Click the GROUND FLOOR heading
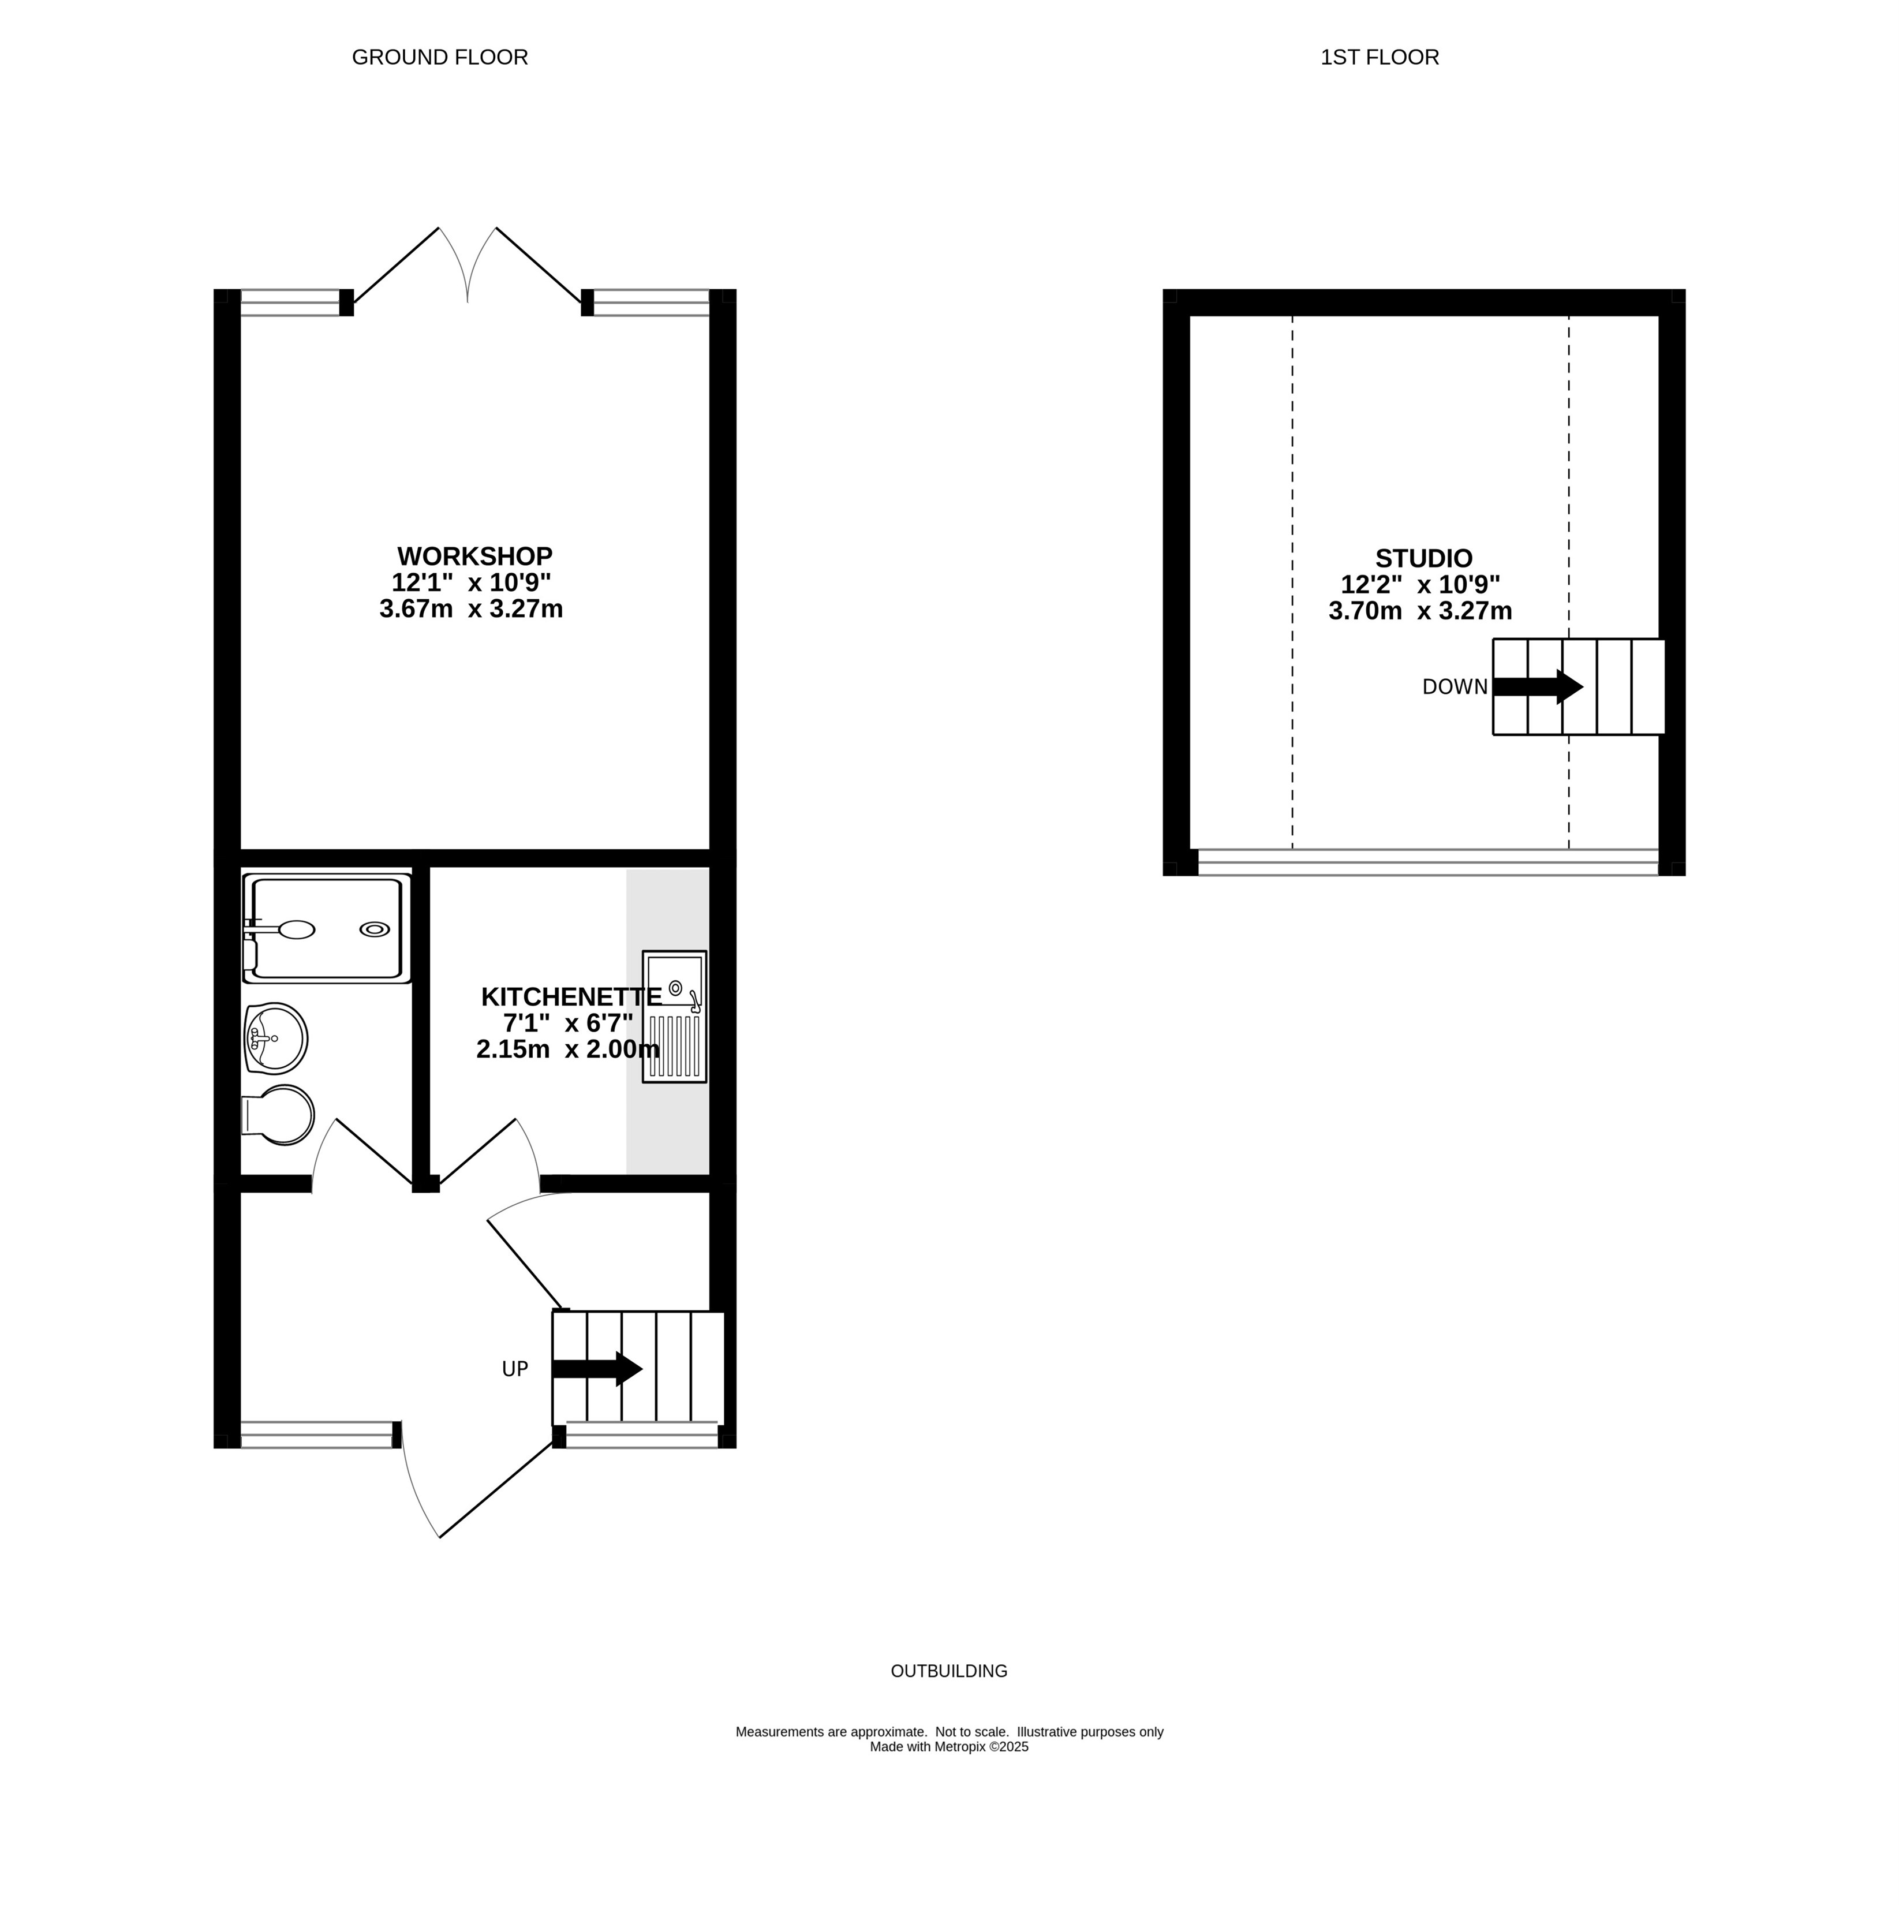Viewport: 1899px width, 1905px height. coord(440,57)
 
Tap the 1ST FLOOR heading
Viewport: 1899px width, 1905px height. coord(1380,57)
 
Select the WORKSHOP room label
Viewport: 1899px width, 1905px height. coord(474,556)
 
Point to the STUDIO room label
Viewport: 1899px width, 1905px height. coord(1424,559)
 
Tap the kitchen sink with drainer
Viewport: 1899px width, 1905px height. coord(674,1017)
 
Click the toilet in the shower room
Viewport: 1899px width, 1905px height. coord(278,1115)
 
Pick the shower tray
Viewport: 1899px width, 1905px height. coord(327,929)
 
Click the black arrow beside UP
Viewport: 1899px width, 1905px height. coord(597,1369)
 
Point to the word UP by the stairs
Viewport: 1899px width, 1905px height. coord(515,1369)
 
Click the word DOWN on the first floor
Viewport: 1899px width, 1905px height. coord(1455,688)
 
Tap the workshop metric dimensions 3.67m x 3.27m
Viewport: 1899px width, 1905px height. coord(472,610)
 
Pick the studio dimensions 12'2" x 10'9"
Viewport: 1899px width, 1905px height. coord(1421,585)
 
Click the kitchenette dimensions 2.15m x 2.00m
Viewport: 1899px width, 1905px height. coord(568,1049)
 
